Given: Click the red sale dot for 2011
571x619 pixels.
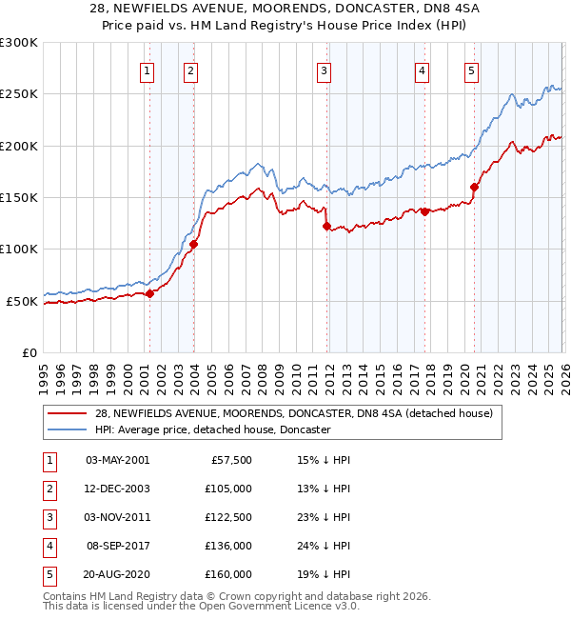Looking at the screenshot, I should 326,227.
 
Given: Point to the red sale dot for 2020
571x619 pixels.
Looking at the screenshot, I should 474,188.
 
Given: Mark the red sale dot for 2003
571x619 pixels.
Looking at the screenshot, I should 193,245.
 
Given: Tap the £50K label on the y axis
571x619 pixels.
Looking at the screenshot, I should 22,301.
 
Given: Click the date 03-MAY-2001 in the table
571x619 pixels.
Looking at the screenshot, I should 117,460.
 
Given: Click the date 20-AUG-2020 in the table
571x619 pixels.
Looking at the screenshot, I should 117,574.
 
